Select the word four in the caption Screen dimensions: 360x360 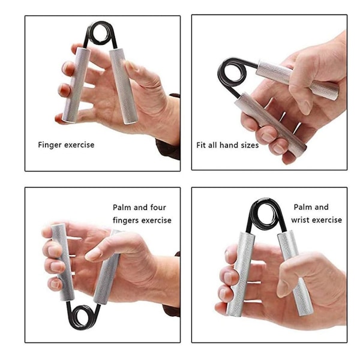[x=158, y=208]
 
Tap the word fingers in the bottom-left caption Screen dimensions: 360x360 [x=126, y=221]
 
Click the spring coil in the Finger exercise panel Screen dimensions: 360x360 [x=100, y=33]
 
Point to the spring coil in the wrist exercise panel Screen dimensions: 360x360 [x=266, y=214]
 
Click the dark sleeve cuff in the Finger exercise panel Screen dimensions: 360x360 [x=167, y=147]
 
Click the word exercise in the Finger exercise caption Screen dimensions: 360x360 [x=79, y=145]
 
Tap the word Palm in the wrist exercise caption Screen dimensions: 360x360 [x=301, y=207]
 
